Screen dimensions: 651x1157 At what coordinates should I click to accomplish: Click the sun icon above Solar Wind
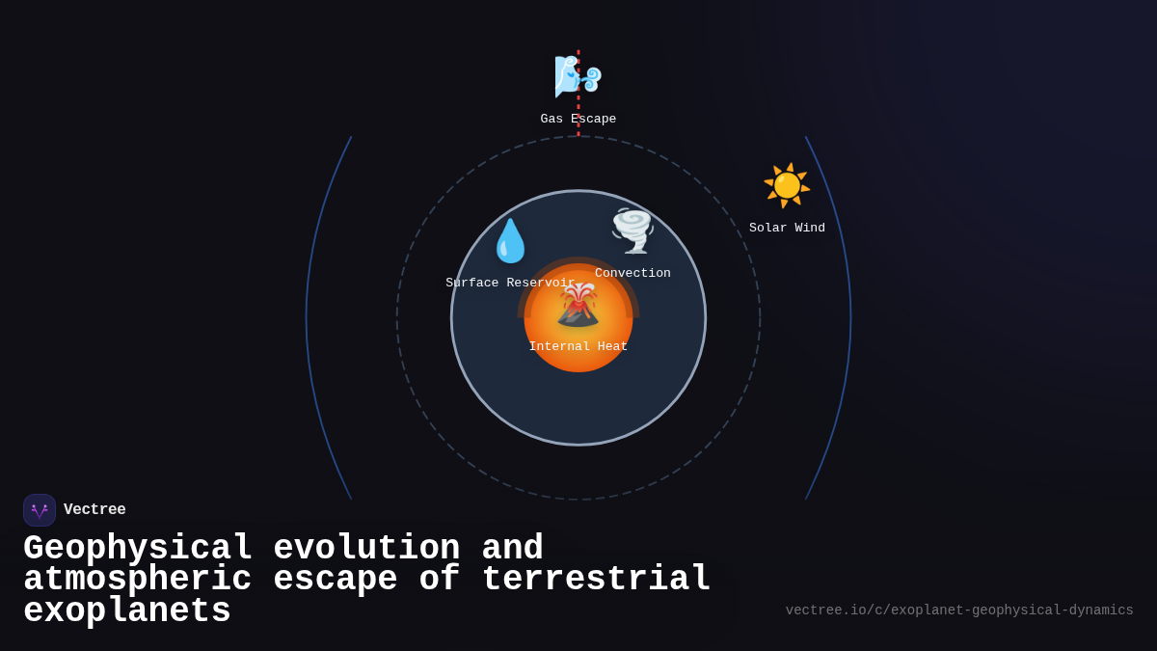(x=787, y=185)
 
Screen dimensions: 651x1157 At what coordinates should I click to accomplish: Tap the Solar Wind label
(x=787, y=229)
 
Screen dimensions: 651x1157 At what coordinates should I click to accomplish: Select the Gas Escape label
(x=578, y=120)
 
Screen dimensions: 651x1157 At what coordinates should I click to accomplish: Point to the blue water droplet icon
(x=510, y=241)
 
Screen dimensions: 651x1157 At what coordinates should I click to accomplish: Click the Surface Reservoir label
(x=510, y=284)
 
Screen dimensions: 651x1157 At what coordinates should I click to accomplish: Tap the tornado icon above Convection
(x=632, y=231)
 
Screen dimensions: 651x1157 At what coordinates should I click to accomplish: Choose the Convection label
(x=632, y=274)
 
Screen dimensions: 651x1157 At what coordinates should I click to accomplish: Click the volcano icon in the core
(x=578, y=305)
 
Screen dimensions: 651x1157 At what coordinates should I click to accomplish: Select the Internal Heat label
(x=578, y=347)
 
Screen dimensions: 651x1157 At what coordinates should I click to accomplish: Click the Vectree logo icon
(x=40, y=510)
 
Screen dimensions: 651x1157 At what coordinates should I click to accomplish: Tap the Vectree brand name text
(x=94, y=510)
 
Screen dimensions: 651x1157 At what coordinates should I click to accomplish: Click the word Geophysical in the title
(x=138, y=549)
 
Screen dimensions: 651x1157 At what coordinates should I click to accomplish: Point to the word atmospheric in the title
(x=137, y=580)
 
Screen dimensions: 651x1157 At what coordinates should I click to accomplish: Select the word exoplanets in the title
(x=127, y=611)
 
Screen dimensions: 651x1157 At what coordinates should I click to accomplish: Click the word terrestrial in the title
(x=596, y=580)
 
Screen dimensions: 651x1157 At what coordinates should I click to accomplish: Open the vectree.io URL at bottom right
(x=959, y=610)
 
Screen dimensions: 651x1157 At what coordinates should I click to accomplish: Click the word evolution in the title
(x=366, y=549)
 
